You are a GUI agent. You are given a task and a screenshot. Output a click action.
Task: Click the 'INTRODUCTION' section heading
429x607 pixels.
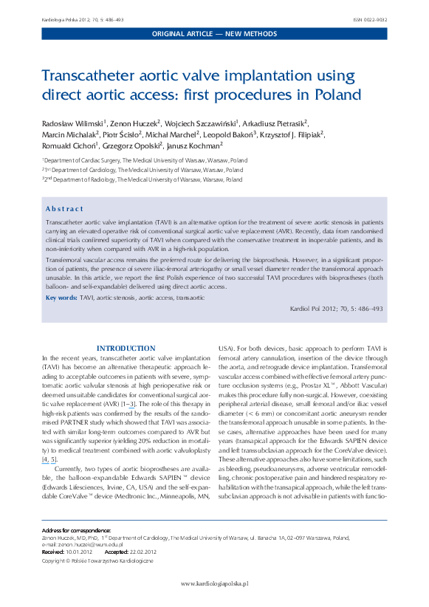click(126, 348)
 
